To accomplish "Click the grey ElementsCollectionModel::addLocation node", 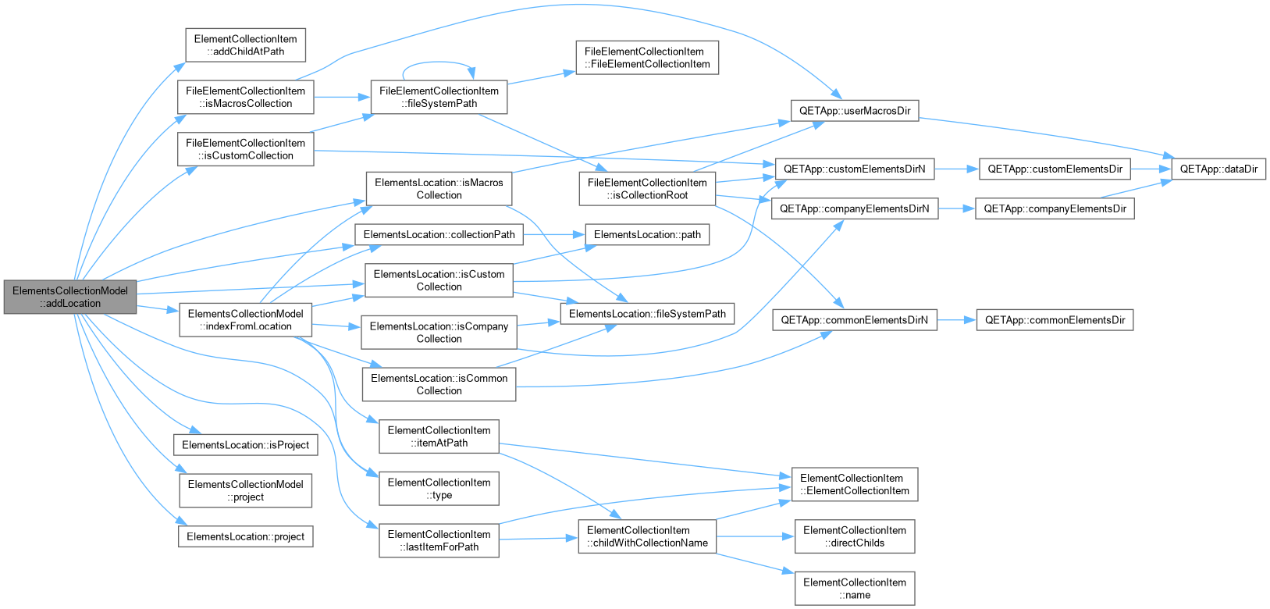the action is tap(70, 297).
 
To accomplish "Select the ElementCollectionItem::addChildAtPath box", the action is tap(246, 45).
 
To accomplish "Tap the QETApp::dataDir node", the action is tap(1218, 169).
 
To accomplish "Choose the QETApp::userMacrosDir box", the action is tap(855, 111).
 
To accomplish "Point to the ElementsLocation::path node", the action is tap(647, 234).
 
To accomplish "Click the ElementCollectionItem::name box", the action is tap(855, 589).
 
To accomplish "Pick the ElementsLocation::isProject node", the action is tap(246, 444).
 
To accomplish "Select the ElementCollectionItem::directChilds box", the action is tap(855, 536).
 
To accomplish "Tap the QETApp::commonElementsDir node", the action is tap(1055, 320).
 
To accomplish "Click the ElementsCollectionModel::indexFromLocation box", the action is tap(246, 320).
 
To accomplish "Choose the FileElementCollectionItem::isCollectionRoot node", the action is tap(647, 189).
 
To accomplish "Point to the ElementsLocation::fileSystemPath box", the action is tap(647, 314).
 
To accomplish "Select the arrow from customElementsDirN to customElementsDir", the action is tap(956, 169).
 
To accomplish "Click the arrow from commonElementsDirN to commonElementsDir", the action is tap(956, 320).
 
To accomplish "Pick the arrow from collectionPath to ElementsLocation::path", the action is tap(554, 234).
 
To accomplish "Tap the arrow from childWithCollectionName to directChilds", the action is tap(755, 536).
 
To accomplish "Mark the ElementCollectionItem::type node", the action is tap(439, 488).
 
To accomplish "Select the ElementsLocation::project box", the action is tap(246, 536).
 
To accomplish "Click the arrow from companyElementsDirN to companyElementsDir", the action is tap(956, 208).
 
